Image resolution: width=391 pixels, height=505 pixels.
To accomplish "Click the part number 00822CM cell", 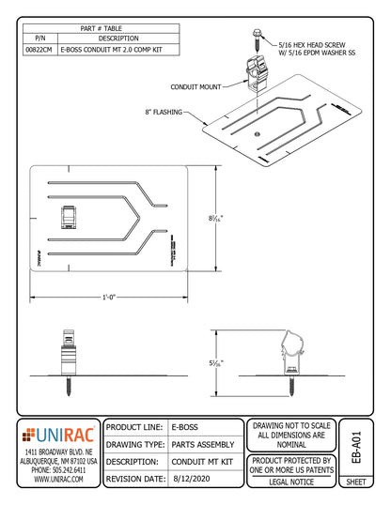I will click(39, 49).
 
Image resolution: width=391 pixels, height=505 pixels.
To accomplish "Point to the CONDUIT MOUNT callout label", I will click(196, 86).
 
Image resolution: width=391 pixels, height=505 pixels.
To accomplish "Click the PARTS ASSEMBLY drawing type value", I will click(205, 443).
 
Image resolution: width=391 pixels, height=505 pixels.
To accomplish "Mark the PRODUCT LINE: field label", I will click(136, 427).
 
